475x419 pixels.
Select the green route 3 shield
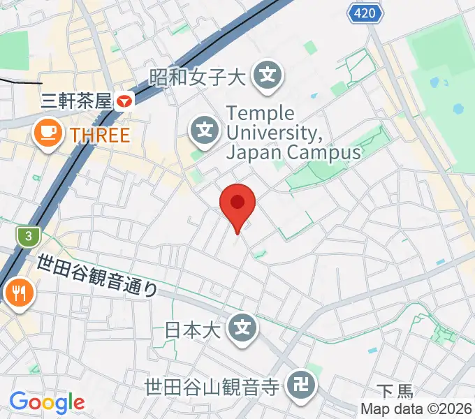pyautogui.click(x=28, y=237)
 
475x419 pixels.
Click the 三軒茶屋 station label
pyautogui.click(x=76, y=101)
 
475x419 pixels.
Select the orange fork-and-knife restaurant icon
pyautogui.click(x=17, y=293)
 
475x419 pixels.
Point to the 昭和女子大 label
pyautogui.click(x=198, y=75)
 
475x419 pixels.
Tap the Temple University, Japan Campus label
pyautogui.click(x=293, y=133)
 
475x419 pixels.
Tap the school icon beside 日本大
pyautogui.click(x=242, y=327)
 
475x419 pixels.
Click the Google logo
pyautogui.click(x=46, y=402)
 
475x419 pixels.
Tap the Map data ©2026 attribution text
pyautogui.click(x=416, y=409)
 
